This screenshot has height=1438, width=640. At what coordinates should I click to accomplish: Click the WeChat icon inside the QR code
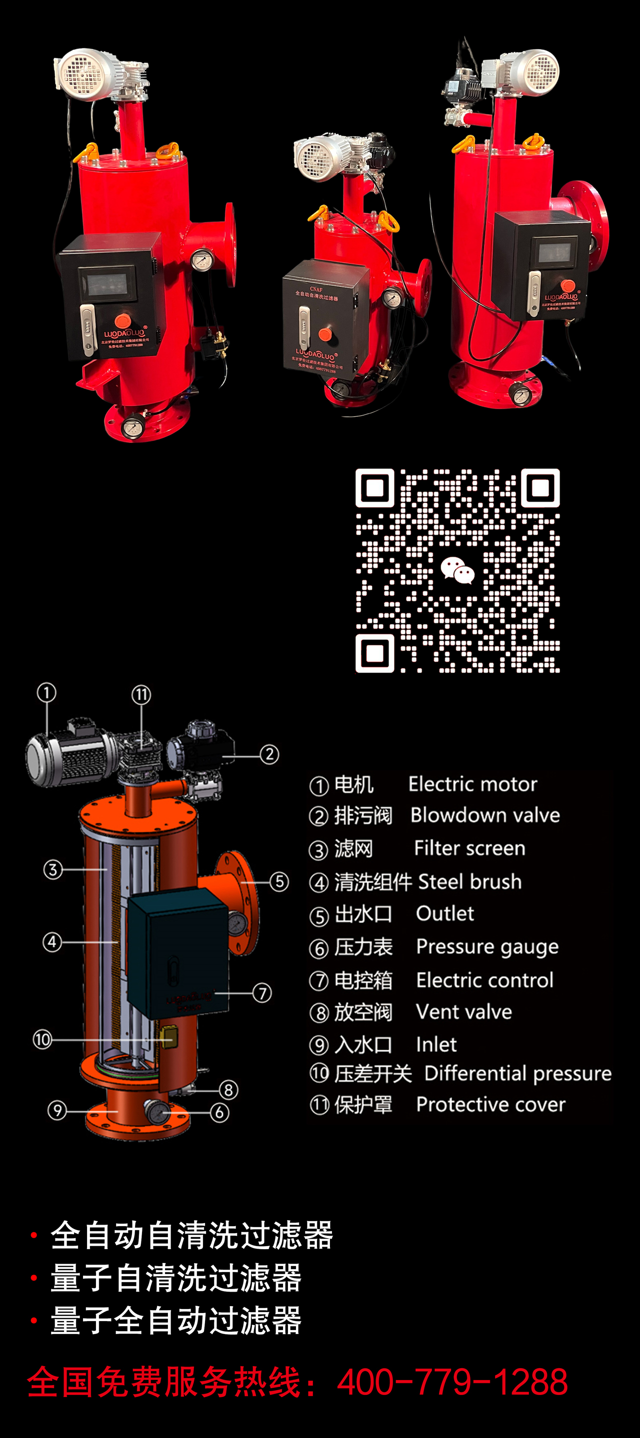click(457, 570)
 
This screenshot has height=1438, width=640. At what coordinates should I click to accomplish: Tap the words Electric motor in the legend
click(472, 784)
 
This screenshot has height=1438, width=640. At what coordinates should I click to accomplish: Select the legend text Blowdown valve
click(484, 815)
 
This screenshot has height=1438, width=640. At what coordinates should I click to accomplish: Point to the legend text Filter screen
click(469, 848)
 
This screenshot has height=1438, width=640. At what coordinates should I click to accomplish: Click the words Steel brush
click(469, 881)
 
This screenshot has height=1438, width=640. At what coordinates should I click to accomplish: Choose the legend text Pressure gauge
click(487, 947)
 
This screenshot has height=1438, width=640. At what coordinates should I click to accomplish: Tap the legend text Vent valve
click(463, 1011)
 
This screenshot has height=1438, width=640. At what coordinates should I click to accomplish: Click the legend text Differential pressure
click(517, 1073)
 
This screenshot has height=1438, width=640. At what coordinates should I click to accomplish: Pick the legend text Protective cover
click(490, 1104)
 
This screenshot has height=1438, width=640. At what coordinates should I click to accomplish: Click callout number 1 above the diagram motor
click(46, 693)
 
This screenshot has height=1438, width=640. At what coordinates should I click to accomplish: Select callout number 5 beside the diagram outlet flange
click(279, 882)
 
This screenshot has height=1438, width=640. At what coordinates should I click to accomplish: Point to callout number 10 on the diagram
click(42, 1039)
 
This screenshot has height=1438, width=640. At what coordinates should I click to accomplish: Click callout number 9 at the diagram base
click(57, 1110)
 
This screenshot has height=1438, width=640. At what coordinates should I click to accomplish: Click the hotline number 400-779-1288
click(452, 1382)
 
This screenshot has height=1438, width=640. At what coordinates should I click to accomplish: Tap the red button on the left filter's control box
click(123, 320)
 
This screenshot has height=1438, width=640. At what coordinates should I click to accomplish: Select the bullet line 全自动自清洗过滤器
click(191, 1235)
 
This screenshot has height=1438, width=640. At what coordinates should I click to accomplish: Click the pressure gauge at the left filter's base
click(132, 428)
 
